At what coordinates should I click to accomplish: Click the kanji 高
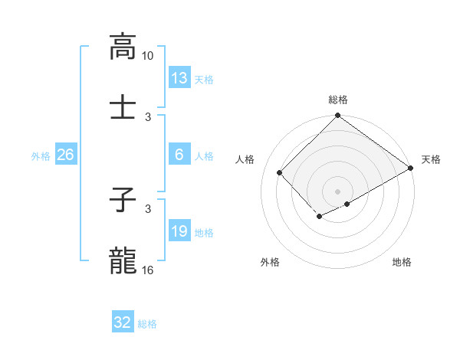(x=123, y=47)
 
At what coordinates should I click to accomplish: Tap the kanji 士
(x=123, y=108)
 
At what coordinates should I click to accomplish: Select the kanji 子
(x=123, y=201)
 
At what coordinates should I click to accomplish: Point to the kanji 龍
(x=123, y=261)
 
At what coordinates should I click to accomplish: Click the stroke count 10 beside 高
(x=148, y=56)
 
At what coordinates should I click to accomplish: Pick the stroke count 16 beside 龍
(x=148, y=270)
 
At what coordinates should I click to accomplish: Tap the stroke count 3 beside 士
(x=148, y=116)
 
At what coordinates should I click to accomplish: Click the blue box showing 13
(x=179, y=78)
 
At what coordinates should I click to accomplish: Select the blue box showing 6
(x=179, y=155)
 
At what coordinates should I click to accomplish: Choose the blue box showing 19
(x=179, y=231)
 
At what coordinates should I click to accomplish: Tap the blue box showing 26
(x=65, y=155)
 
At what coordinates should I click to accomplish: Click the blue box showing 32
(x=123, y=322)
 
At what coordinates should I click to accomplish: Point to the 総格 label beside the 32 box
(x=147, y=324)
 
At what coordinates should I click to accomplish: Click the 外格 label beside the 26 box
(x=41, y=156)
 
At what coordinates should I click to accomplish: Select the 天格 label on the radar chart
(x=431, y=159)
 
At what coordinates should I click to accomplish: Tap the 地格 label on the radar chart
(x=402, y=263)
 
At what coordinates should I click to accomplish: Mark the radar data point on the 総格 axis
(x=337, y=116)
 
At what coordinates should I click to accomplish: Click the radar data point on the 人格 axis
(x=280, y=172)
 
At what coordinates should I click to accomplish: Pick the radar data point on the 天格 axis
(x=410, y=168)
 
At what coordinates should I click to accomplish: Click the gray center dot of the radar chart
(x=337, y=191)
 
